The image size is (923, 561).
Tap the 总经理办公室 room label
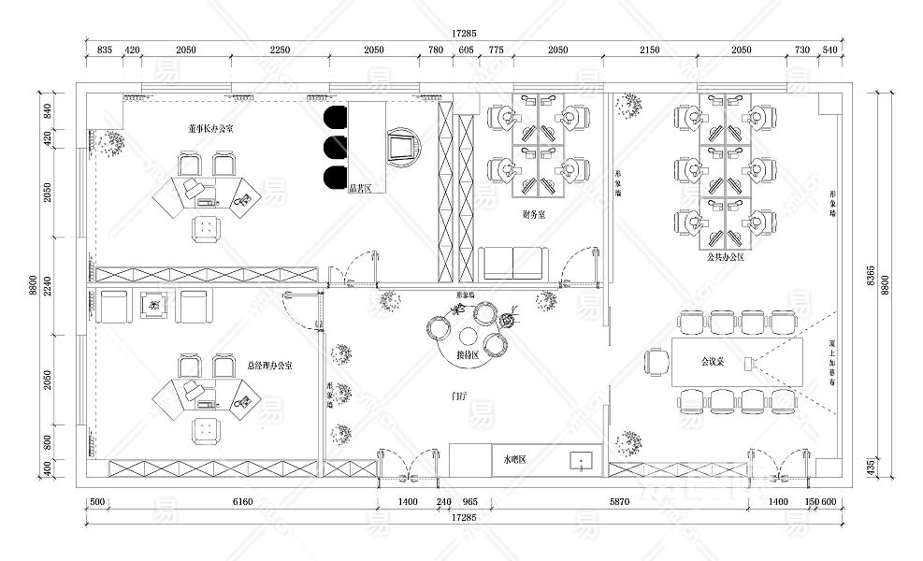click(269, 366)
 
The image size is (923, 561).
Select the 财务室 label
click(534, 215)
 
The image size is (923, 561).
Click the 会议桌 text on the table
click(714, 361)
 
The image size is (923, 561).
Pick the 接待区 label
click(468, 355)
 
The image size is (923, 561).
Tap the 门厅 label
click(458, 396)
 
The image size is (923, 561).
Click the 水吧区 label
click(515, 460)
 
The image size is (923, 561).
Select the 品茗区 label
click(360, 189)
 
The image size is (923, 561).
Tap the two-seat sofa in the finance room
click(513, 264)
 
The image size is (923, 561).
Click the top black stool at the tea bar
click(335, 116)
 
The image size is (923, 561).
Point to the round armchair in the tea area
click(404, 147)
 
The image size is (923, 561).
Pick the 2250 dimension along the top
click(281, 50)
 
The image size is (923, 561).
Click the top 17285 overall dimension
click(464, 33)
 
